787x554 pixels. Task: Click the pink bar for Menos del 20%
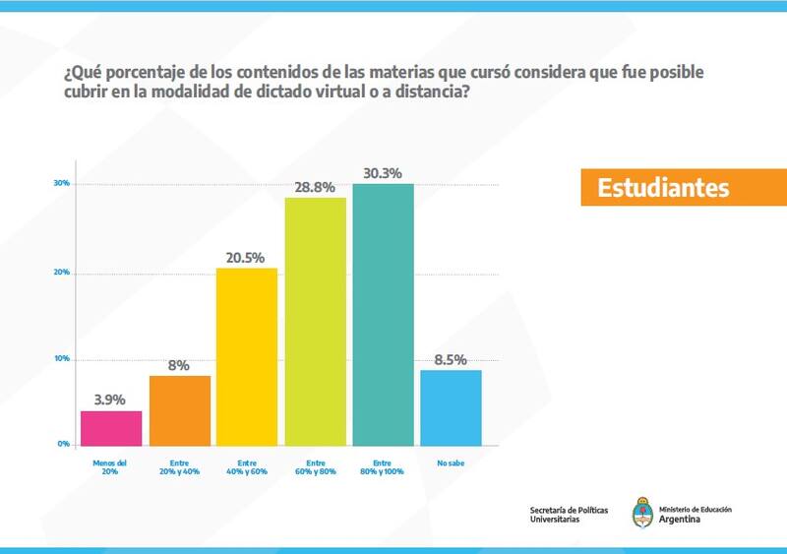[x=110, y=427]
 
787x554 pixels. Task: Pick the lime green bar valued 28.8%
[x=315, y=321]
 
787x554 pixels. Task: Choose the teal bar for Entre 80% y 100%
[x=383, y=314]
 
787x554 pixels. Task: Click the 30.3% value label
[x=383, y=169]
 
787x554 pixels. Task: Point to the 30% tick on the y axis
[x=61, y=184]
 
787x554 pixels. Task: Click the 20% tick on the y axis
[x=61, y=273]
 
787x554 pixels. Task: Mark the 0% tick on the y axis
[x=63, y=445]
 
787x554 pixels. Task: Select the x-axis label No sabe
[x=451, y=462]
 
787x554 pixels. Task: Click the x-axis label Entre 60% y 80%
[x=315, y=466]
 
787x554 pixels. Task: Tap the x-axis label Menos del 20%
[x=110, y=466]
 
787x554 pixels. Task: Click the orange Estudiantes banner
[x=683, y=187]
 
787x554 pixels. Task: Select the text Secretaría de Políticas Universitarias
[x=569, y=514]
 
